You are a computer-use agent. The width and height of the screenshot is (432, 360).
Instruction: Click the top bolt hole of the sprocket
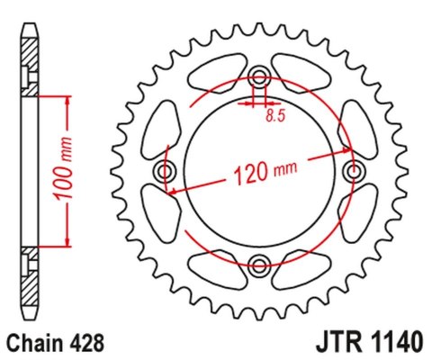point(259,76)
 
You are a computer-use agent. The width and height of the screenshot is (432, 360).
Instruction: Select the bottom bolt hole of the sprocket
point(259,264)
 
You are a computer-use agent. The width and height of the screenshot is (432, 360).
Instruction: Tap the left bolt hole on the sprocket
point(165,170)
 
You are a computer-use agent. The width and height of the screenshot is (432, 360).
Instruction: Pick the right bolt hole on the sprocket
point(354,170)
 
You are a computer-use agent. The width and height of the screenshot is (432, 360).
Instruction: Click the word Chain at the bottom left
point(33,343)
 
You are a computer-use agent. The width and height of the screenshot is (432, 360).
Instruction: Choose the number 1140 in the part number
point(391,343)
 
